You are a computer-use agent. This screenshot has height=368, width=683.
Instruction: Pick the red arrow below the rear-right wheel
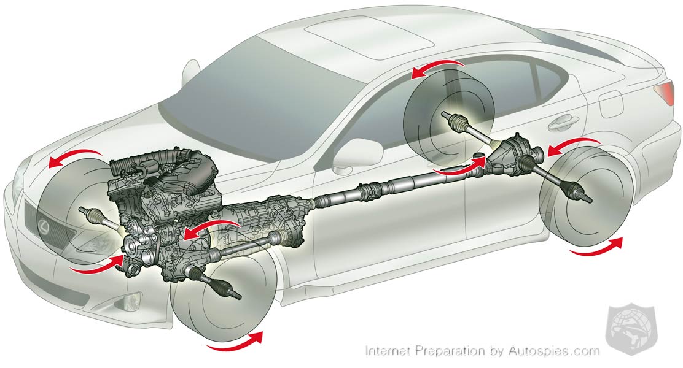[597, 248]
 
